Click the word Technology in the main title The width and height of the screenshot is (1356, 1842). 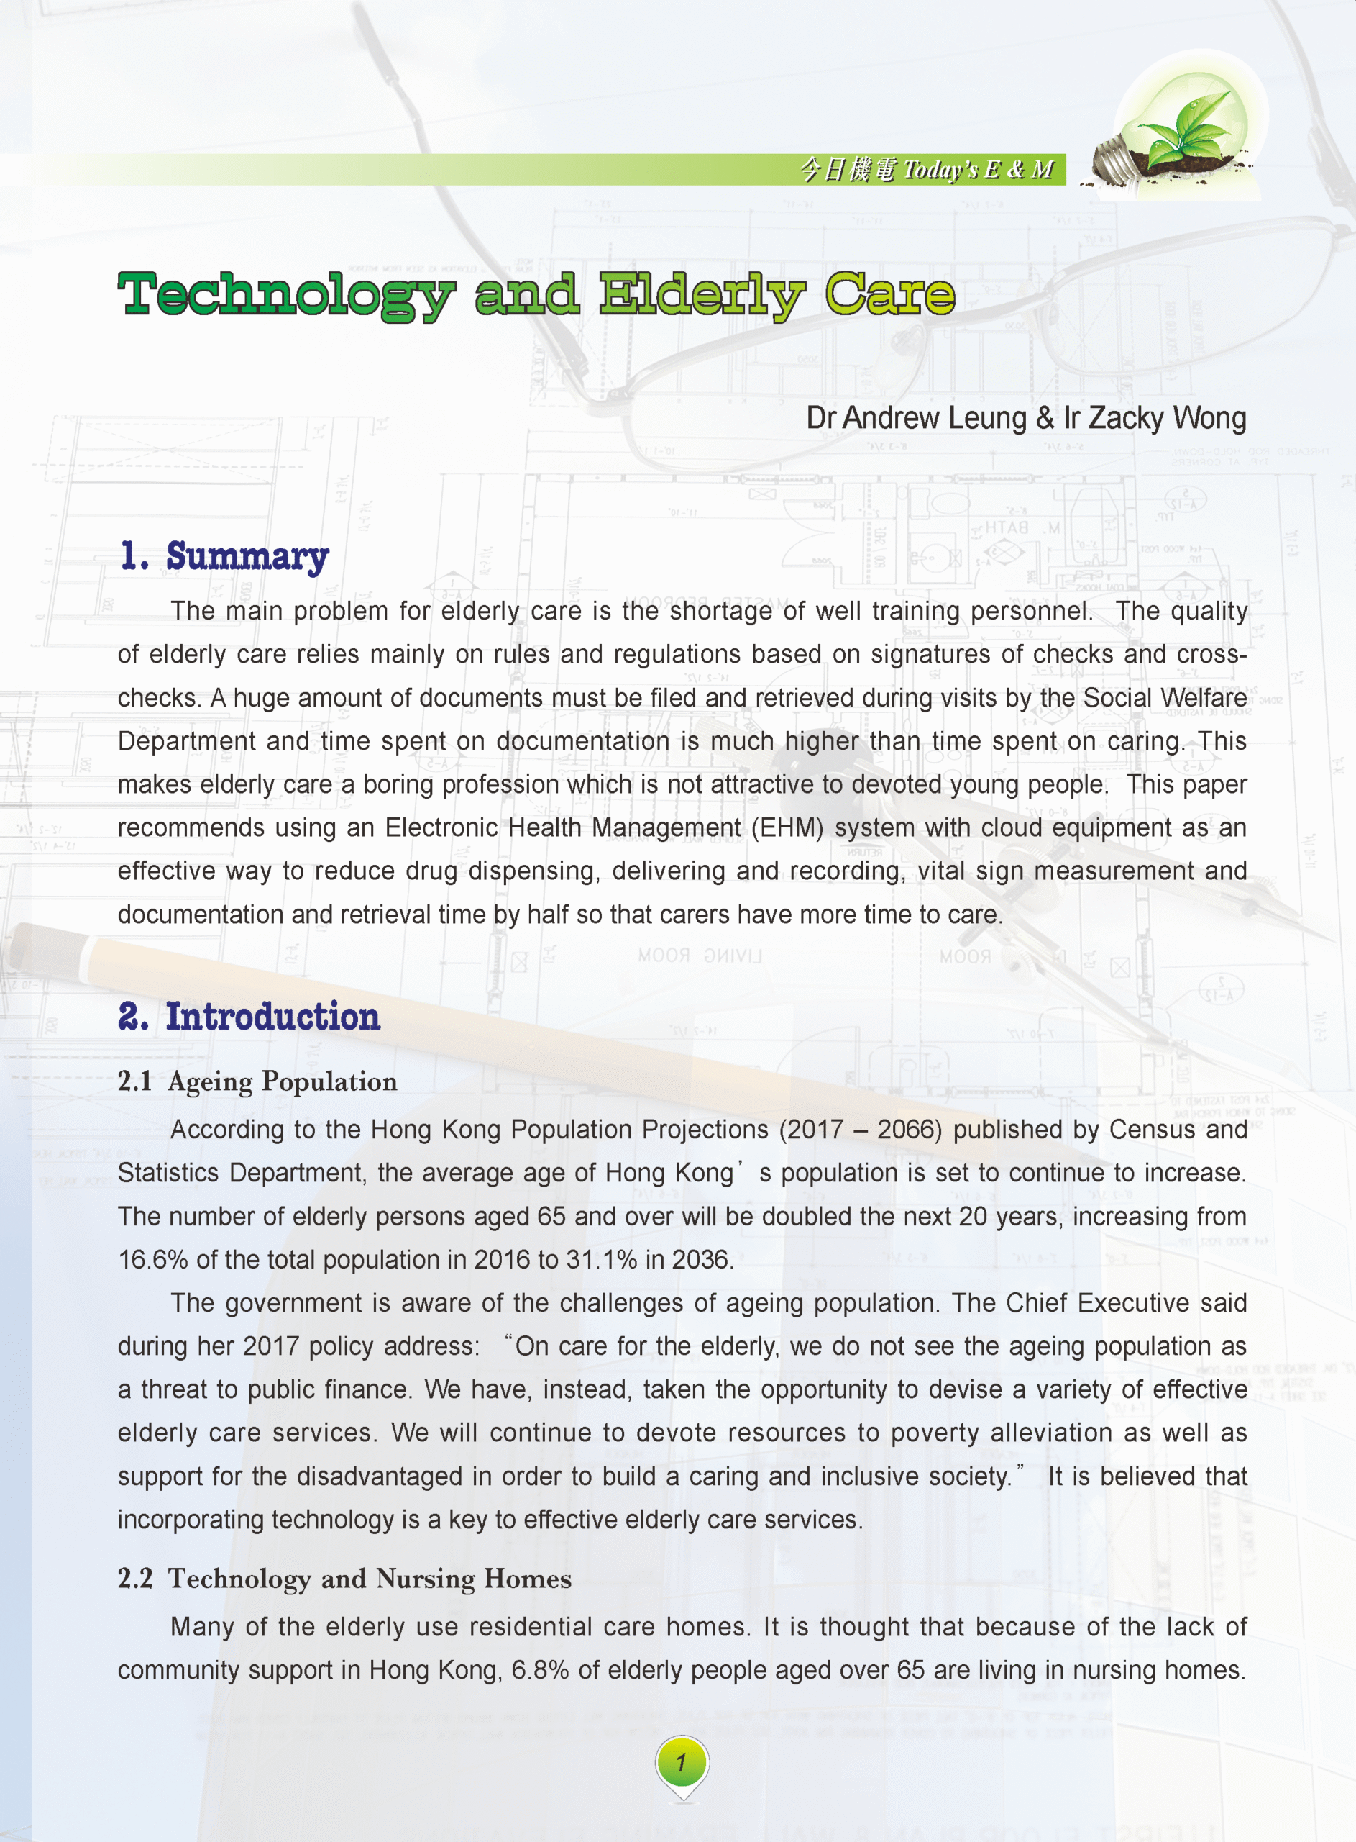pos(285,295)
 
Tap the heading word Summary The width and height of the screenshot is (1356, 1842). pos(247,556)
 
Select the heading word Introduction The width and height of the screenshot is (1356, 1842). pos(272,1017)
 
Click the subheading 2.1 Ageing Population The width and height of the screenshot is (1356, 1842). pos(257,1081)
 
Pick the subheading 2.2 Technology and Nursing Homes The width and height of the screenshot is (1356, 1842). pos(344,1579)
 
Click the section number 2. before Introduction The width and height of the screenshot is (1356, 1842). pos(134,1017)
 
